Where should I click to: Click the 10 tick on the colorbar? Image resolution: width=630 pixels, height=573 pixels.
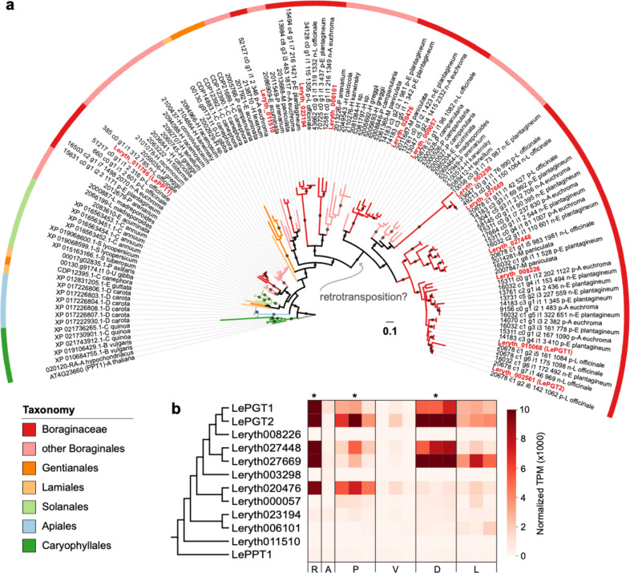pos(529,410)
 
